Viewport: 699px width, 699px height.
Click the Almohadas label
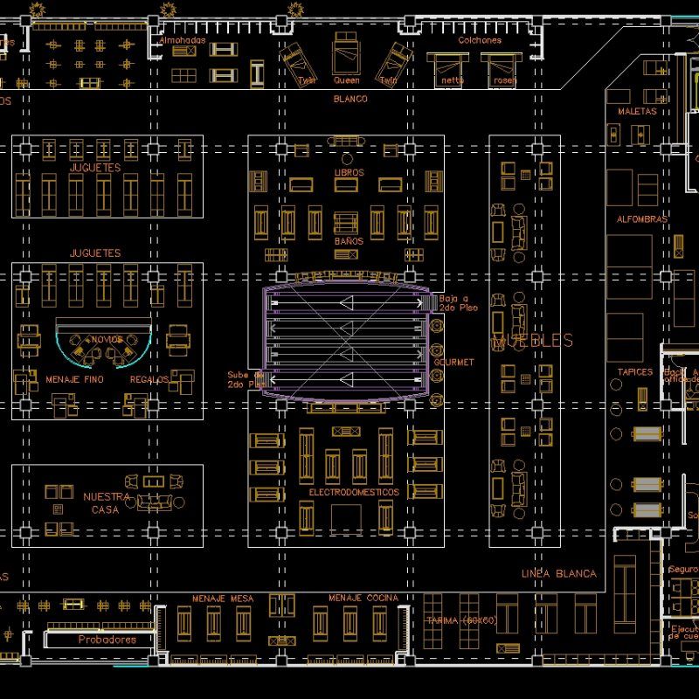pos(183,40)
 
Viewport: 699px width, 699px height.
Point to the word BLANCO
pos(350,99)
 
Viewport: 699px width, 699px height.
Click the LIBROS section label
pos(349,173)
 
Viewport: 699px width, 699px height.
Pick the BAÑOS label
pos(349,240)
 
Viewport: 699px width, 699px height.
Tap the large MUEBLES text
pos(532,341)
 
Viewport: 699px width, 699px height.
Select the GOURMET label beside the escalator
pos(453,362)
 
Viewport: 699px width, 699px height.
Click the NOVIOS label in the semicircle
pos(107,339)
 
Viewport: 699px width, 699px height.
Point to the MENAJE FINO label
pos(74,380)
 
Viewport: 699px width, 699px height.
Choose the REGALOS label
pos(149,380)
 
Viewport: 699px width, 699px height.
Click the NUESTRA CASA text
pos(107,502)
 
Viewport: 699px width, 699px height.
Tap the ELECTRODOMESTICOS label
pos(354,493)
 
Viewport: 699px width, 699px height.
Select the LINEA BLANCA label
pos(558,573)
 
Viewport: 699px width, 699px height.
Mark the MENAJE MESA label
pos(223,599)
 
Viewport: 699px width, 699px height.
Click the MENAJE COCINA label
pos(363,599)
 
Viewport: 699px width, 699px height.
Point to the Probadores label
pos(107,640)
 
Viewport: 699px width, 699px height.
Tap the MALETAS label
pos(636,112)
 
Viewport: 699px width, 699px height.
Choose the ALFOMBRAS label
pos(642,219)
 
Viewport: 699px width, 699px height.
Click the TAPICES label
pos(635,372)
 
